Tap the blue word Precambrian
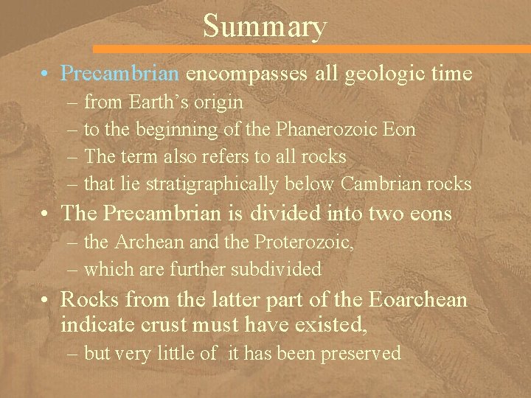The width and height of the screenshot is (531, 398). point(119,74)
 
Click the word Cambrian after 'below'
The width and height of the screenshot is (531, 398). point(381,184)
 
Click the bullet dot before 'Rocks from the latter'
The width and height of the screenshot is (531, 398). point(46,301)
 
